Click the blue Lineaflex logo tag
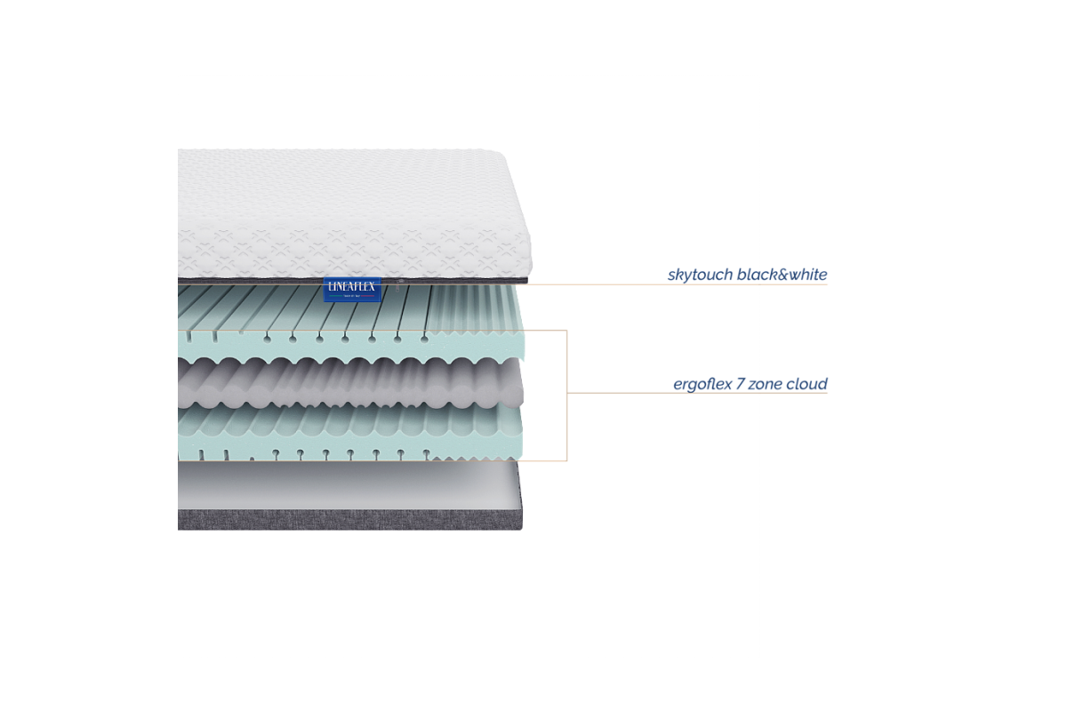coord(353,289)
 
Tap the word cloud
coord(808,385)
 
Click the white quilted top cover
coord(347,213)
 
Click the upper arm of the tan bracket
coord(547,331)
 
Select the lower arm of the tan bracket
coord(547,460)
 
